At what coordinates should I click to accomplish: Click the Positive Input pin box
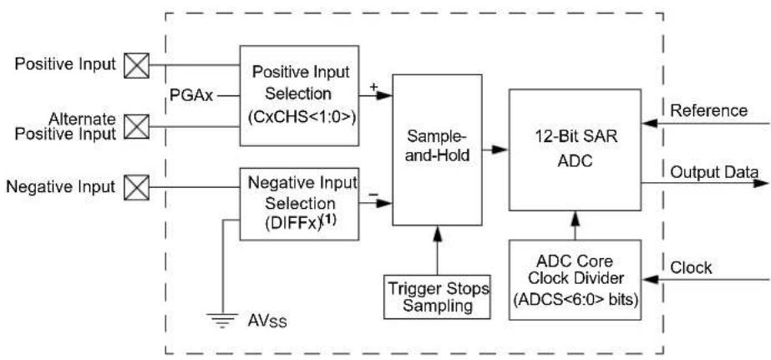[x=136, y=65]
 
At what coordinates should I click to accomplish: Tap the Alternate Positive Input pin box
[x=136, y=126]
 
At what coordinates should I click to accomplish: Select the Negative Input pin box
[x=136, y=187]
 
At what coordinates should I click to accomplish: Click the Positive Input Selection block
[x=299, y=95]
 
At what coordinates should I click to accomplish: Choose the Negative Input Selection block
[x=299, y=204]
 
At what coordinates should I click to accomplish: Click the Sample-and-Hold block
[x=437, y=150]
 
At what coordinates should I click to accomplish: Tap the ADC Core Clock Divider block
[x=575, y=280]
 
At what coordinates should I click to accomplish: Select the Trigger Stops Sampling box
[x=437, y=296]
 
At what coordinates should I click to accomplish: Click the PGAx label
[x=191, y=95]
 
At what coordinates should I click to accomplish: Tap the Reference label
[x=709, y=110]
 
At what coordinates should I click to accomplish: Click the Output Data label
[x=714, y=171]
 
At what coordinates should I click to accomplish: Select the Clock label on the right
[x=691, y=267]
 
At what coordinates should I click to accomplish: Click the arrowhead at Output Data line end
[x=761, y=184]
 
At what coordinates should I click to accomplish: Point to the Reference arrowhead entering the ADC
[x=650, y=123]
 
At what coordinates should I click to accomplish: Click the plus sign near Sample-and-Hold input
[x=373, y=87]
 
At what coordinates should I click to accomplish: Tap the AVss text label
[x=266, y=322]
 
